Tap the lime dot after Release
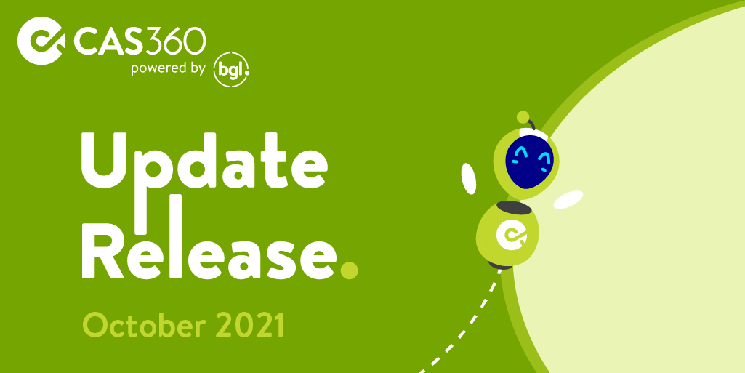click(x=349, y=270)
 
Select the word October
click(x=145, y=326)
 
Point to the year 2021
click(x=250, y=325)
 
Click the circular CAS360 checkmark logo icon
click(x=41, y=41)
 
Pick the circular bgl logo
click(x=231, y=71)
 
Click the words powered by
click(x=168, y=69)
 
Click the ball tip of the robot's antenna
click(x=523, y=116)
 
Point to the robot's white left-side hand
click(x=469, y=179)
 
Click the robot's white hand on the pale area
click(x=568, y=199)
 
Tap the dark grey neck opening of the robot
click(x=514, y=208)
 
